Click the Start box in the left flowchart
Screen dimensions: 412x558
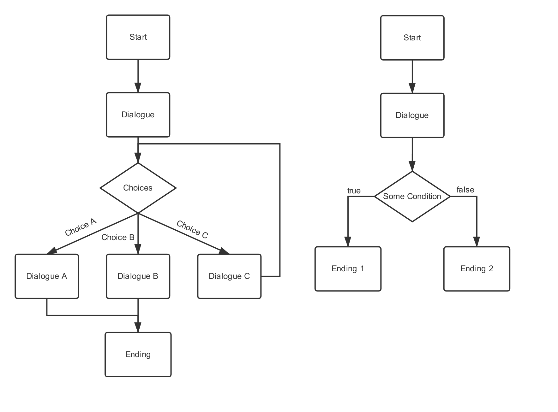(138, 37)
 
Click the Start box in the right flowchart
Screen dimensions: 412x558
(412, 38)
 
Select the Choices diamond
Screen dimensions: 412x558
(138, 188)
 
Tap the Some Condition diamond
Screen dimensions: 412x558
(412, 197)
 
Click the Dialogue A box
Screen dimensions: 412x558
(47, 276)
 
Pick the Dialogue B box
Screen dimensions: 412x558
(138, 276)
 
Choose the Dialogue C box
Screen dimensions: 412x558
(229, 276)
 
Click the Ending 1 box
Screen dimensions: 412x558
(348, 269)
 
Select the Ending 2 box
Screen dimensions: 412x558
(477, 269)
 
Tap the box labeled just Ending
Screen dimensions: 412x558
(138, 355)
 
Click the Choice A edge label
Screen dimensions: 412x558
(81, 227)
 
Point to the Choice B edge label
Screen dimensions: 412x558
(118, 237)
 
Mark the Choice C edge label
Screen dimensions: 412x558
(192, 229)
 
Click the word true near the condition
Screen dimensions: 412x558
(354, 191)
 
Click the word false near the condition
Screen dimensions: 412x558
(465, 190)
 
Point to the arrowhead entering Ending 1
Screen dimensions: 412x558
(348, 242)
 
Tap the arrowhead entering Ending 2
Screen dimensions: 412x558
(477, 242)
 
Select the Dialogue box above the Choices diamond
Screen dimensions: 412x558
(138, 115)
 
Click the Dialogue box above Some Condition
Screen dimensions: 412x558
(412, 115)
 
